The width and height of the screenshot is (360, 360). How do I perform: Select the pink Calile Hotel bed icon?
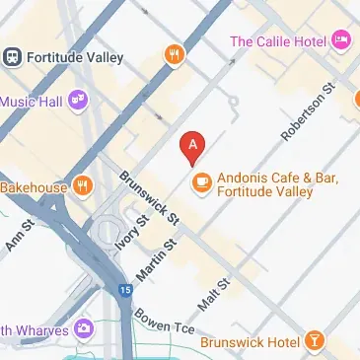tap(341, 40)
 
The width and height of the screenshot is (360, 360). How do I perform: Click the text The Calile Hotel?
tap(279, 40)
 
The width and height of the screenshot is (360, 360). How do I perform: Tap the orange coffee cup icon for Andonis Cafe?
tap(201, 180)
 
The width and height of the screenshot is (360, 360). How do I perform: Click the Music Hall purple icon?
tap(77, 100)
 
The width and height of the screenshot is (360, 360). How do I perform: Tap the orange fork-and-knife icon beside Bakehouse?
tap(83, 184)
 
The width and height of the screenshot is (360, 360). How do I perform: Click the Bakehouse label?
tap(34, 185)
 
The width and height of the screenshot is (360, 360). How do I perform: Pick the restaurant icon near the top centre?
tap(175, 54)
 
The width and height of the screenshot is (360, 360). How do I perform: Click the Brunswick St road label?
tap(148, 197)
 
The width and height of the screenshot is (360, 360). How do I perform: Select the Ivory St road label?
tap(128, 236)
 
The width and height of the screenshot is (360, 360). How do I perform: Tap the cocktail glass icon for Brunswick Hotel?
tap(314, 341)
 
